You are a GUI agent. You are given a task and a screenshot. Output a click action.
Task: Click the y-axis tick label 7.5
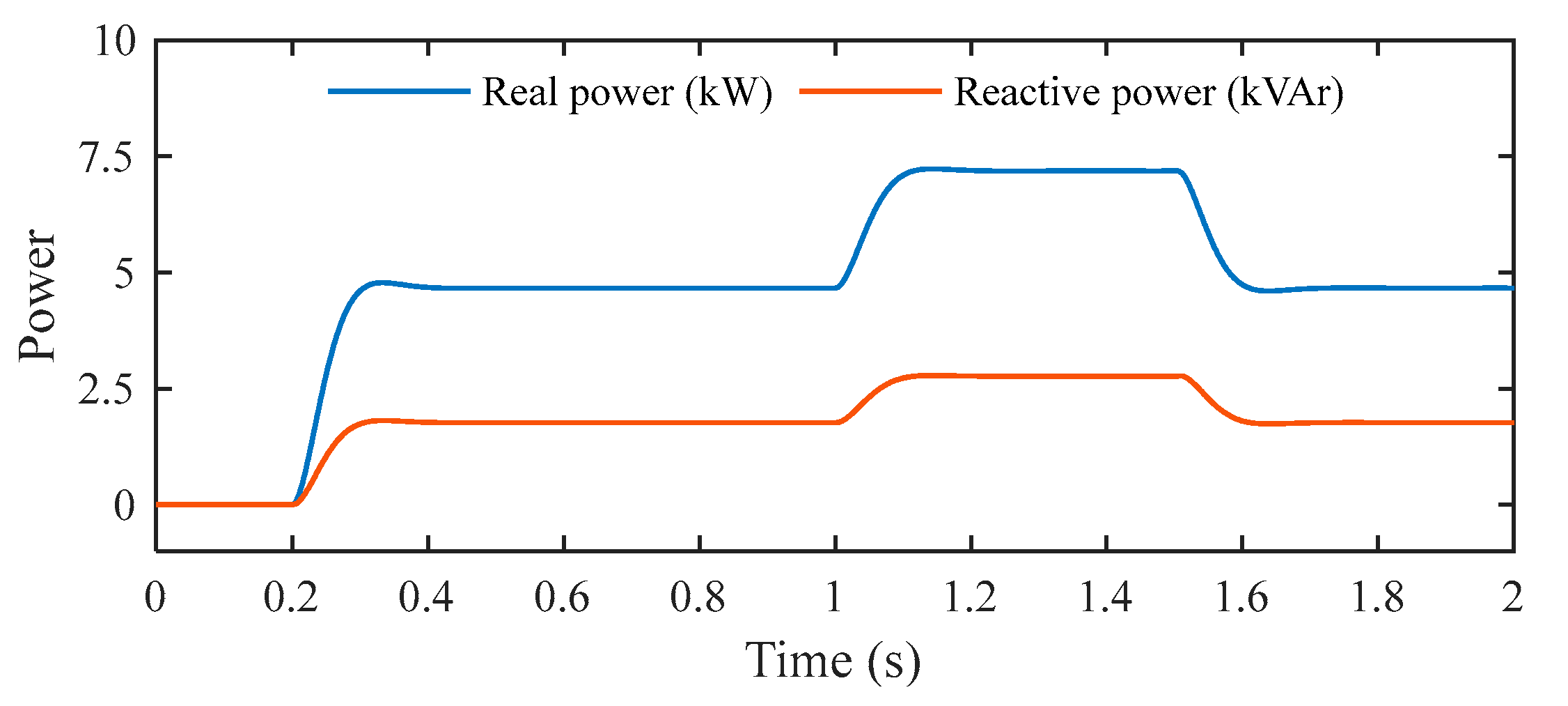(107, 158)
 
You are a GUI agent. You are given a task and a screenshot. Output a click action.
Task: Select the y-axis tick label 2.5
(105, 390)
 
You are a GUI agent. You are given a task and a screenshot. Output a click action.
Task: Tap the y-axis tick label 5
(124, 274)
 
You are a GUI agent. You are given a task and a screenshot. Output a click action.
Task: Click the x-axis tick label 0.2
(290, 598)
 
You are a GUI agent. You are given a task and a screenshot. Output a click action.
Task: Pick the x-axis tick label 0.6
(562, 598)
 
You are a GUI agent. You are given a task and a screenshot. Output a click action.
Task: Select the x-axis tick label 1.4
(1106, 598)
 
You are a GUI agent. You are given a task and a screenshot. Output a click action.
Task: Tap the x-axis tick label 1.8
(1377, 598)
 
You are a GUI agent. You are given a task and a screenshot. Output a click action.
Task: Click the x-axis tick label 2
(1512, 598)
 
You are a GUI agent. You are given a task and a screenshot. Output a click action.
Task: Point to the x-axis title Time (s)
(833, 661)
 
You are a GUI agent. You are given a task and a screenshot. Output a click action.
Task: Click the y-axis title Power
(36, 296)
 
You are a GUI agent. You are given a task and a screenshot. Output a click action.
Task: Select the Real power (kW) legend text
(627, 93)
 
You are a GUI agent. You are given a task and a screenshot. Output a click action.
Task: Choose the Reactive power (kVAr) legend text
(1148, 93)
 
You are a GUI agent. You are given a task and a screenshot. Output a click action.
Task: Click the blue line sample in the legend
(399, 91)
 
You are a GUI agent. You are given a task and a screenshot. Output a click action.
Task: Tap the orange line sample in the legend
(870, 91)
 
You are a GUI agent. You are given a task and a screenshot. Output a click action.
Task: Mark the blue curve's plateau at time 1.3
(1038, 171)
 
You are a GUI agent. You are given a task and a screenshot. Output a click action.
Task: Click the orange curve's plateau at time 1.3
(1038, 376)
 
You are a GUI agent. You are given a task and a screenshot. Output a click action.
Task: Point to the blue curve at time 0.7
(631, 288)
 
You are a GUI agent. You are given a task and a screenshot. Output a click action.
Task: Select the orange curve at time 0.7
(631, 422)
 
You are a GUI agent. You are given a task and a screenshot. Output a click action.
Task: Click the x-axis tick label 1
(833, 598)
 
